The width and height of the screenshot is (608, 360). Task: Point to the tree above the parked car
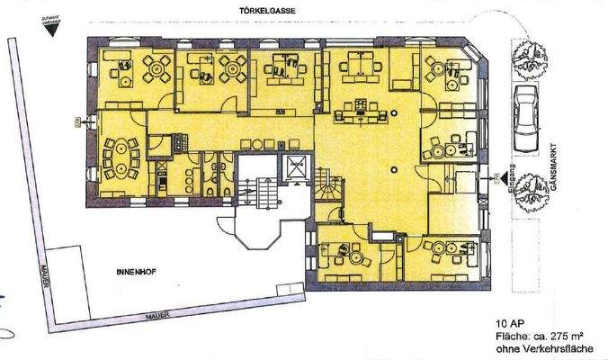pos(523,58)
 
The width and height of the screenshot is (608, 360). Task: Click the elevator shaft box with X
pos(294,166)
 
